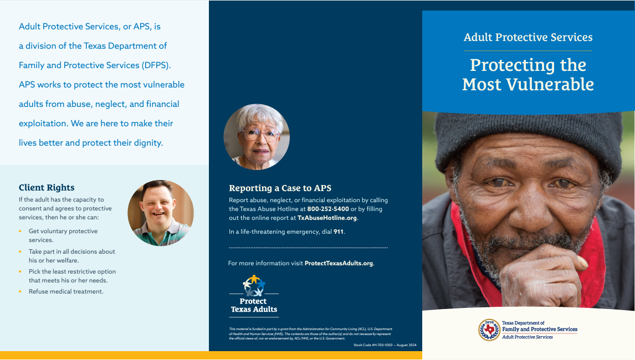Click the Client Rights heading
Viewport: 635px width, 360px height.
(x=47, y=188)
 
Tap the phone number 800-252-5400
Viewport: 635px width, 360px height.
(x=328, y=209)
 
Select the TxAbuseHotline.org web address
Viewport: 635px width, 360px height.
(x=327, y=218)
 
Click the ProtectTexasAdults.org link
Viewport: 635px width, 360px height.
(x=339, y=263)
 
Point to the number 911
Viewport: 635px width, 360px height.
(x=339, y=232)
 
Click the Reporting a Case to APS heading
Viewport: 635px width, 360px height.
(x=280, y=188)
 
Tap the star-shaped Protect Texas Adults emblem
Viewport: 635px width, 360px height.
(x=254, y=285)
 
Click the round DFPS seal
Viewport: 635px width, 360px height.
(x=489, y=330)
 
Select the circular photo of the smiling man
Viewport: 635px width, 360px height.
(x=161, y=213)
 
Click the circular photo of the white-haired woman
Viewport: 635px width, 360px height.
(x=257, y=137)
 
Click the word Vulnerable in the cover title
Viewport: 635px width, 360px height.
(x=550, y=85)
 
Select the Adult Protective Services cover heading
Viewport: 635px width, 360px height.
(x=528, y=37)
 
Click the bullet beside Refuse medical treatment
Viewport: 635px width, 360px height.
(x=20, y=291)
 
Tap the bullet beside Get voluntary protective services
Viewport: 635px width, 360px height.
(x=20, y=231)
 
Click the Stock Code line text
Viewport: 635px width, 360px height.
(x=385, y=345)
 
